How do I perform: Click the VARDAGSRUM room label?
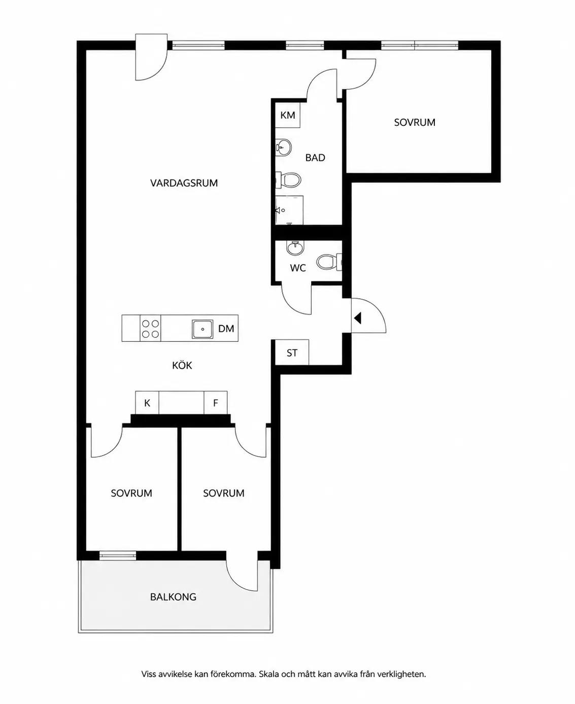pos(184,183)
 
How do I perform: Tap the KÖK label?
pos(182,365)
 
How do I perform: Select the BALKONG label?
pos(173,596)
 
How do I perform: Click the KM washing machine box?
pos(288,115)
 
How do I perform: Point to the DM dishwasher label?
pos(226,329)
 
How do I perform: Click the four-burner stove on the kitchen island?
pos(150,329)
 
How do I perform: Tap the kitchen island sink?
pos(202,329)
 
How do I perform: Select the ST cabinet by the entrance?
pos(292,353)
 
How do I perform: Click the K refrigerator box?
pos(147,403)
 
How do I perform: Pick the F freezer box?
pos(216,403)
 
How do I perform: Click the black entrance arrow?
pos(357,318)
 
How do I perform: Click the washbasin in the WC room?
pos(295,248)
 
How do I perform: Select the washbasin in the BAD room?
pos(283,147)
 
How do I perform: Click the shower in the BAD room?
pos(289,210)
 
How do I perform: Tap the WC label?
pos(298,268)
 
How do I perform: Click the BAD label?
pos(315,158)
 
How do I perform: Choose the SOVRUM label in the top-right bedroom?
pos(415,123)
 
